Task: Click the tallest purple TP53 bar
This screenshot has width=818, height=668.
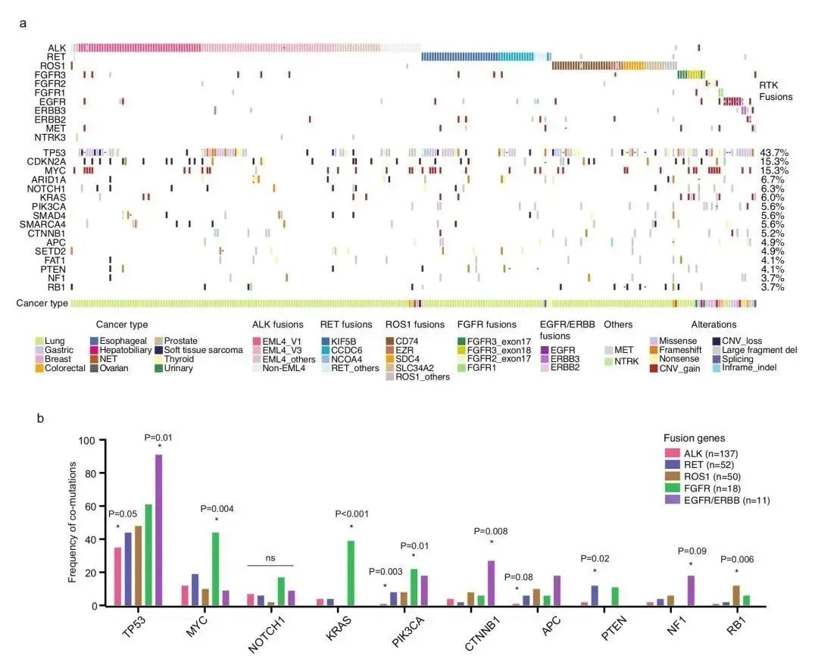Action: click(158, 530)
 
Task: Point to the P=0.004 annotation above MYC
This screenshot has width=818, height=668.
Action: click(216, 508)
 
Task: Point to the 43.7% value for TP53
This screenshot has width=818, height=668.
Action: click(774, 153)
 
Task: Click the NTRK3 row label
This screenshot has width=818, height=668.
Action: click(51, 137)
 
